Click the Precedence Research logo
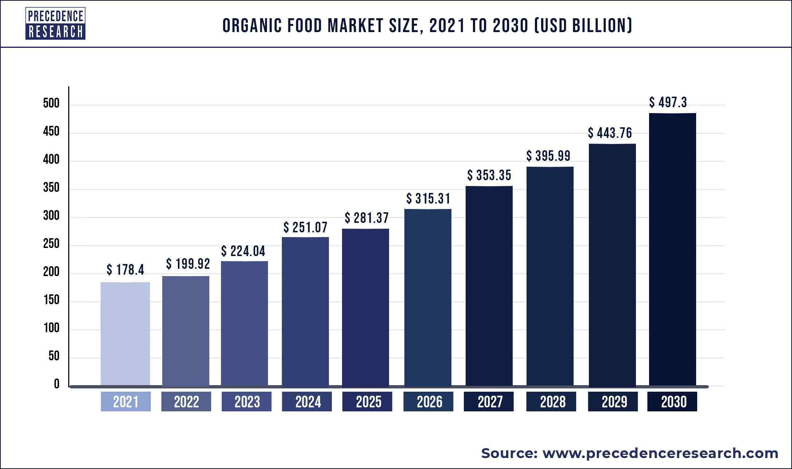click(x=55, y=23)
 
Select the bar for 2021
click(x=125, y=334)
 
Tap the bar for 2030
click(x=672, y=250)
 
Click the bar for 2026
click(x=428, y=297)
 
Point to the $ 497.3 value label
click(x=668, y=102)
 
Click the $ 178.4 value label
click(x=125, y=270)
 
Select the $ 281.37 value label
click(x=366, y=218)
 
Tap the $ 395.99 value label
click(x=548, y=156)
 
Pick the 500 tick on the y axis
click(x=51, y=104)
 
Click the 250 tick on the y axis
click(x=51, y=244)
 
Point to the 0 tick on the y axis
click(x=57, y=384)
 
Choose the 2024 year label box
click(x=307, y=402)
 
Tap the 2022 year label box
click(x=186, y=402)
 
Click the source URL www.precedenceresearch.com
click(x=660, y=453)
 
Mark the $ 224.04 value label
click(x=243, y=251)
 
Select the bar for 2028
click(x=550, y=276)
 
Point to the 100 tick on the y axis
click(x=51, y=328)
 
